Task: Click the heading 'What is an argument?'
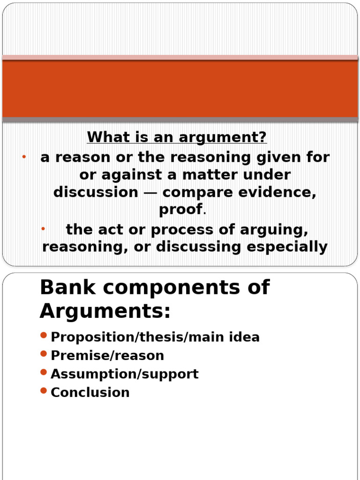(x=177, y=137)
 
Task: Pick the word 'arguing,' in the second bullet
(x=274, y=230)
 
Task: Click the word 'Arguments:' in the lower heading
(x=105, y=310)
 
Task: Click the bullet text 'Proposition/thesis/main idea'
(x=155, y=337)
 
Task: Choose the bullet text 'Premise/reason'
(x=107, y=355)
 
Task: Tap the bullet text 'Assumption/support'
(x=125, y=374)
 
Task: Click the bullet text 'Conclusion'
(x=90, y=392)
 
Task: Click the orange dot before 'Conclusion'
(x=44, y=390)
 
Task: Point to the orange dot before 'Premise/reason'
(x=44, y=353)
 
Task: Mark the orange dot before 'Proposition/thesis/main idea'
(x=44, y=335)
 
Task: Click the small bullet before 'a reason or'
(x=23, y=156)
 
